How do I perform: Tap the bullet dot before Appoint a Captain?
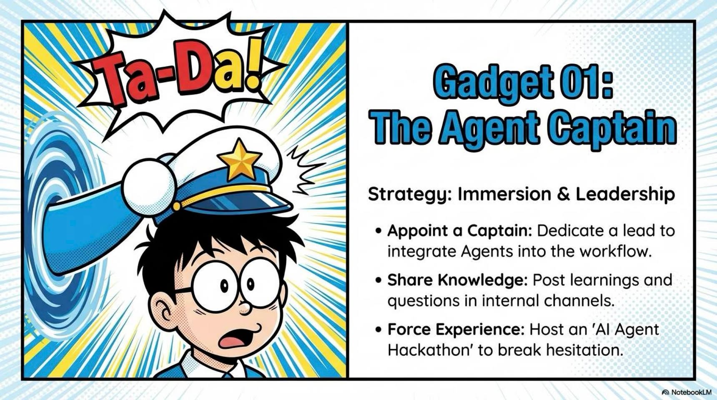point(378,230)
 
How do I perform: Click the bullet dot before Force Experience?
point(378,329)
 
